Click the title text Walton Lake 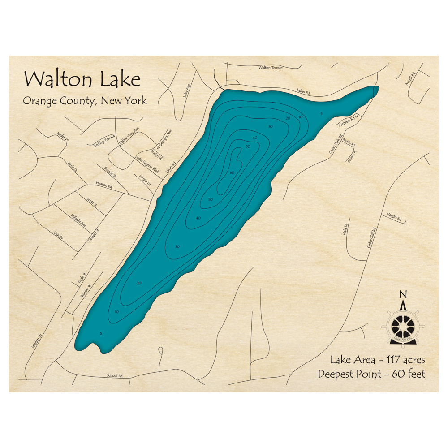82,79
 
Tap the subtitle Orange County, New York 85,100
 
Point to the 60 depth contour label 232,172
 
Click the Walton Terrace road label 271,68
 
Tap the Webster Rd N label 349,120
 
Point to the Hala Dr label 345,230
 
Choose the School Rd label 115,375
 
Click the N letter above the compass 403,294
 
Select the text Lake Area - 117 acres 377,359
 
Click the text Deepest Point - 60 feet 371,374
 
